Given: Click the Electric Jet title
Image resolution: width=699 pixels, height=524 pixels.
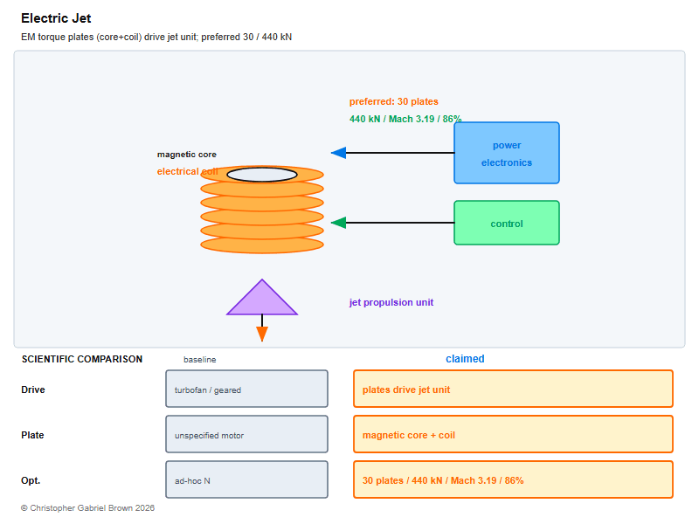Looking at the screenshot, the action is pos(56,18).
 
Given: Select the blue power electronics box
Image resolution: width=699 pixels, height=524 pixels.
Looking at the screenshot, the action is pos(507,153).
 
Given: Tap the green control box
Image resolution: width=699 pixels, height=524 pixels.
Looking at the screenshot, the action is pos(507,223).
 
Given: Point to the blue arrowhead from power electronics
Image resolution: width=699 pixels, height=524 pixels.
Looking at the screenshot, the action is pos(339,153).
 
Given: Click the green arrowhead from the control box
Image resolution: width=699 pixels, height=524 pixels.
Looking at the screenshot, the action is pos(339,223).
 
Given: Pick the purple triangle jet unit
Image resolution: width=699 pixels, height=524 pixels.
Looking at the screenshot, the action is pos(262,297).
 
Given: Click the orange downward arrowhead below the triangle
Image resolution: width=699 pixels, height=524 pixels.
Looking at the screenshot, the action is pos(262,334).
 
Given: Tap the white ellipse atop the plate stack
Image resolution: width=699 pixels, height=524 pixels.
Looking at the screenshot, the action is pos(262,175).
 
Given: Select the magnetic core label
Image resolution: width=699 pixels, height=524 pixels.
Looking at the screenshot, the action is pos(187,155).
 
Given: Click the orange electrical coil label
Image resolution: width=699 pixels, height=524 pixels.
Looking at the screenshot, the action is pos(187,171).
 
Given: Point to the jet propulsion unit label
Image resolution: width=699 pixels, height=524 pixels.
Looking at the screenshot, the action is pos(391,302).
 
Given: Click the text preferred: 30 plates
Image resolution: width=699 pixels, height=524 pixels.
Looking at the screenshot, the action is pos(394,101).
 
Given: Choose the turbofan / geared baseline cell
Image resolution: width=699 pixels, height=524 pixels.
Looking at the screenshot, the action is pos(246,389).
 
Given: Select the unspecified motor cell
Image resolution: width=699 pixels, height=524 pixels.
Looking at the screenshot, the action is pos(246,434).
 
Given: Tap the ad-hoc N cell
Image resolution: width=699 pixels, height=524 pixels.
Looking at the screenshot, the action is pos(246,479).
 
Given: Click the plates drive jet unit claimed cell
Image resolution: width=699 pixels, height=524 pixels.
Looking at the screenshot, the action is pos(513,389).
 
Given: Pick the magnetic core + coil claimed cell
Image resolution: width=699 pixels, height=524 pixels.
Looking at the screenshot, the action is pos(513,434).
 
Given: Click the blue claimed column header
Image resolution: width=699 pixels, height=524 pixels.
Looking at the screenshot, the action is pos(465,359).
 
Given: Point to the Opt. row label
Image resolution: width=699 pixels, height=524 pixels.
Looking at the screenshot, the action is pos(31,481).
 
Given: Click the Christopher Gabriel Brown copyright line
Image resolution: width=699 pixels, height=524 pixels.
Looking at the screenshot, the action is pos(88,508).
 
